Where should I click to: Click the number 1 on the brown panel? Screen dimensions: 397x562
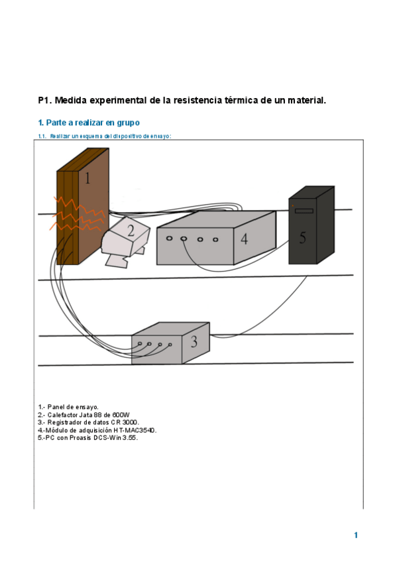(87, 178)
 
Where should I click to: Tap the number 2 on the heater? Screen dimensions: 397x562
(131, 231)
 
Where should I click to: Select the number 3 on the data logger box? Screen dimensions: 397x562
(194, 341)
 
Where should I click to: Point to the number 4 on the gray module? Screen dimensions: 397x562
(244, 239)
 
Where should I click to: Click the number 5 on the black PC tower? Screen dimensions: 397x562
(303, 238)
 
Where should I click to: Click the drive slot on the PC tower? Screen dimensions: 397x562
(304, 211)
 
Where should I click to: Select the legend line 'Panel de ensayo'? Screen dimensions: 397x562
(68, 407)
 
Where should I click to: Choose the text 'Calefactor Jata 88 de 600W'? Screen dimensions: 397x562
(84, 415)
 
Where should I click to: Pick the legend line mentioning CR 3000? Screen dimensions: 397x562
(89, 422)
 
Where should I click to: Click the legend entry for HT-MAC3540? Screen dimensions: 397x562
(97, 430)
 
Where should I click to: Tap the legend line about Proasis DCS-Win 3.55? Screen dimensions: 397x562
(87, 437)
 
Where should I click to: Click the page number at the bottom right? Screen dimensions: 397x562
(356, 535)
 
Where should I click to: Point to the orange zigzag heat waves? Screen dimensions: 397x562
(78, 214)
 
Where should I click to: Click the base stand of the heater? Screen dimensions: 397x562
(117, 260)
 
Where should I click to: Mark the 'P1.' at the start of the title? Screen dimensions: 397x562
(45, 100)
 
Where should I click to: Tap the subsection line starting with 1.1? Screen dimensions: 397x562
(105, 137)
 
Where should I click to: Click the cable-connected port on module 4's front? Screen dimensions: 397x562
(184, 239)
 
